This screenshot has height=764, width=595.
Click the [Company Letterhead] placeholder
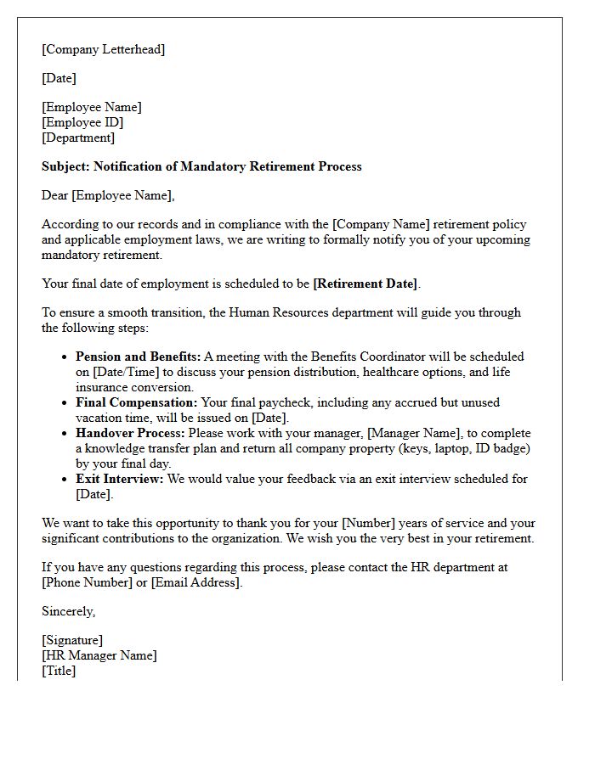click(104, 49)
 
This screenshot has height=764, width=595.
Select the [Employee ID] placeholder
click(82, 122)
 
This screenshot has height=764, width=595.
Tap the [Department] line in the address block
click(78, 138)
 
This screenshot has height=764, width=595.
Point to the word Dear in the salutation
click(55, 195)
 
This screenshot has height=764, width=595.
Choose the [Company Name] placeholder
click(382, 224)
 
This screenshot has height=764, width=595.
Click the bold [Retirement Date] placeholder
click(365, 284)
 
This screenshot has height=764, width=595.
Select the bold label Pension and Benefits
click(139, 357)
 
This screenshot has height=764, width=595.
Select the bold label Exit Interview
click(120, 479)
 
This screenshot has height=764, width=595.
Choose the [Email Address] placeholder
click(195, 582)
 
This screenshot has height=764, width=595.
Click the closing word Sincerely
click(69, 611)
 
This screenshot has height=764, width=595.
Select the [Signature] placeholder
click(72, 640)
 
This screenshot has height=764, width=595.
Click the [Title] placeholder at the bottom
click(59, 671)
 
